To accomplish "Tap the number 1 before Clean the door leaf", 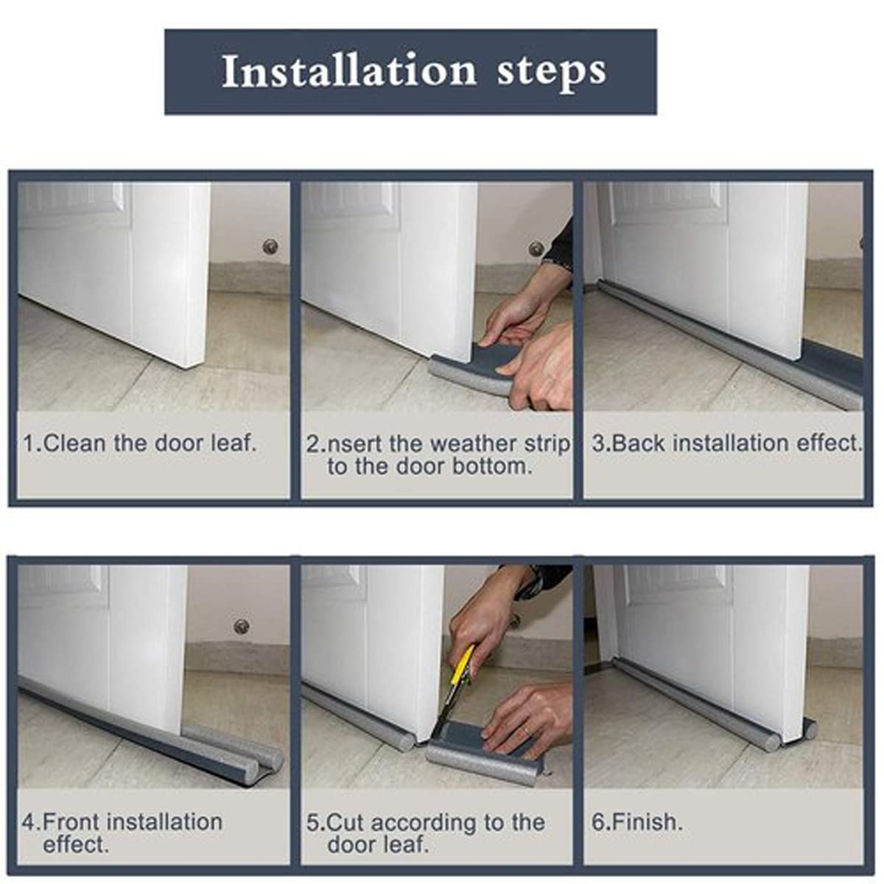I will (29, 443).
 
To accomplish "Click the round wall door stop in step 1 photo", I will (271, 245).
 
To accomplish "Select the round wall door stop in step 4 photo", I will (241, 626).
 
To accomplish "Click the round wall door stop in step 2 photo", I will (536, 248).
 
